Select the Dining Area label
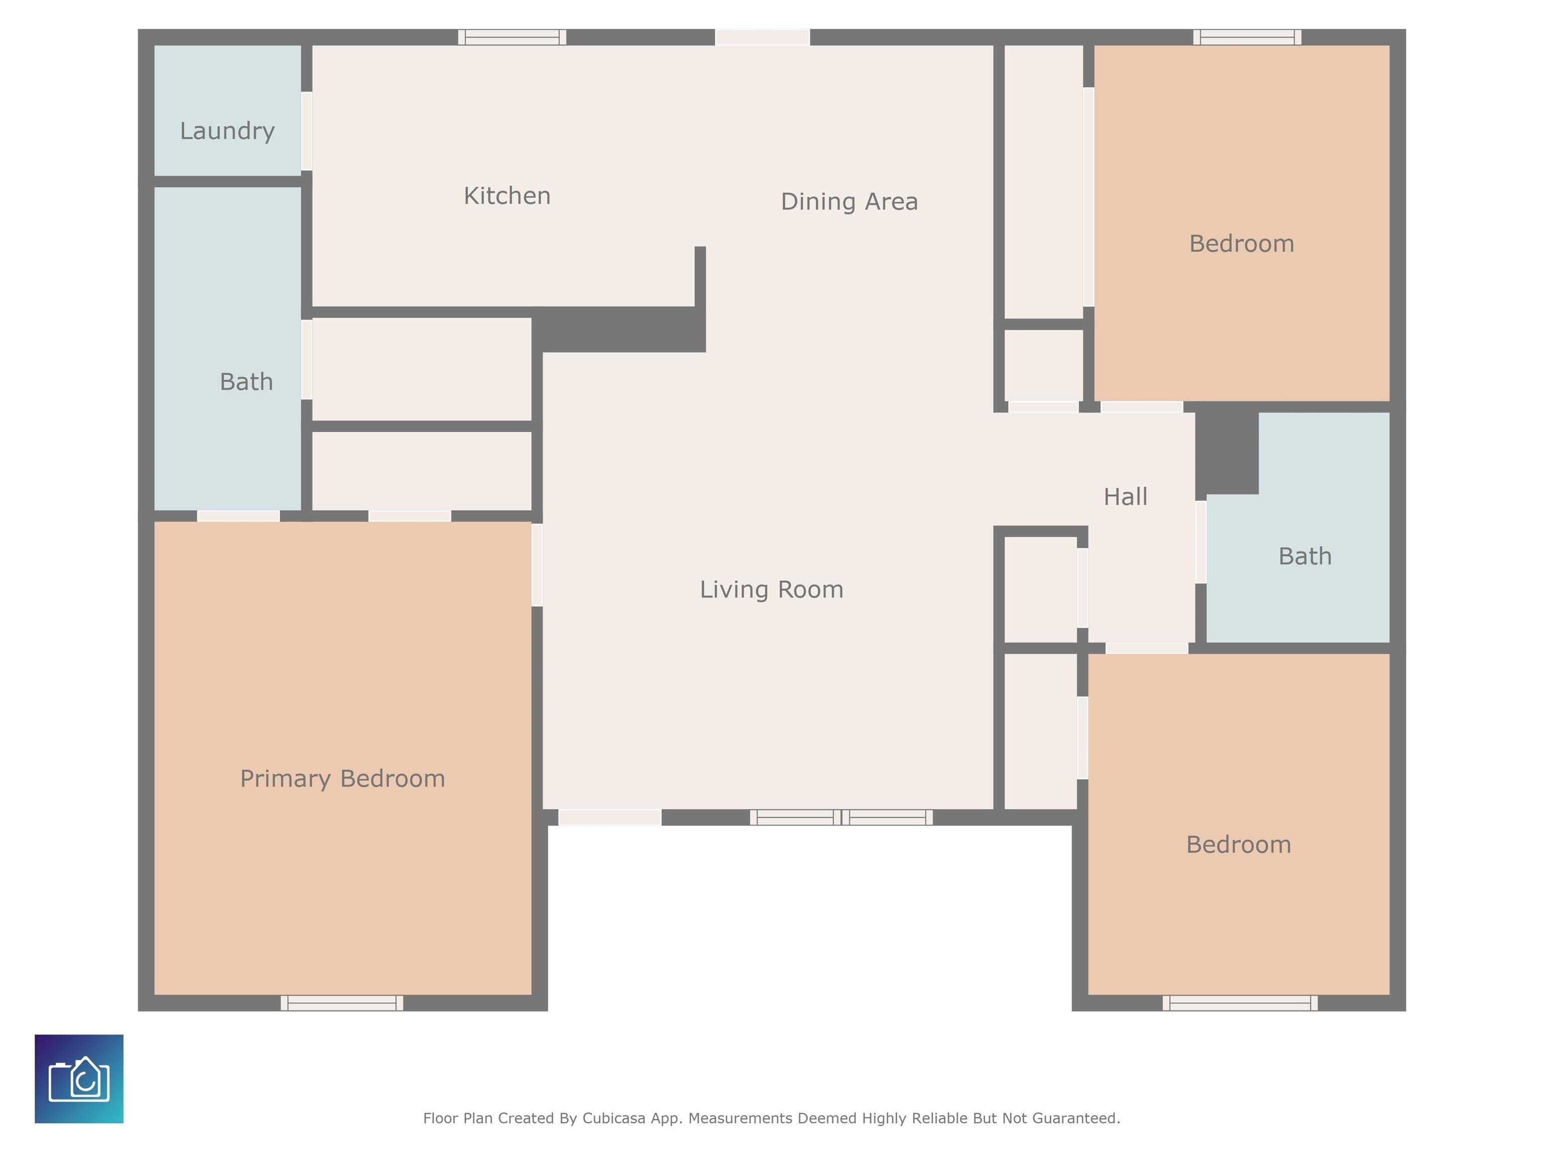point(849,202)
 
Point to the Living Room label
point(771,590)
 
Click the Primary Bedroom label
point(342,779)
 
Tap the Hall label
point(1125,497)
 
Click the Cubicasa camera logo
point(79,1079)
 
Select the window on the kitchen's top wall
point(512,37)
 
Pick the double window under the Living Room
point(841,817)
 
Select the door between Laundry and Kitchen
point(307,131)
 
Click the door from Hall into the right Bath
point(1201,542)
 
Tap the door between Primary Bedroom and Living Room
point(537,565)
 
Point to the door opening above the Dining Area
point(762,37)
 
